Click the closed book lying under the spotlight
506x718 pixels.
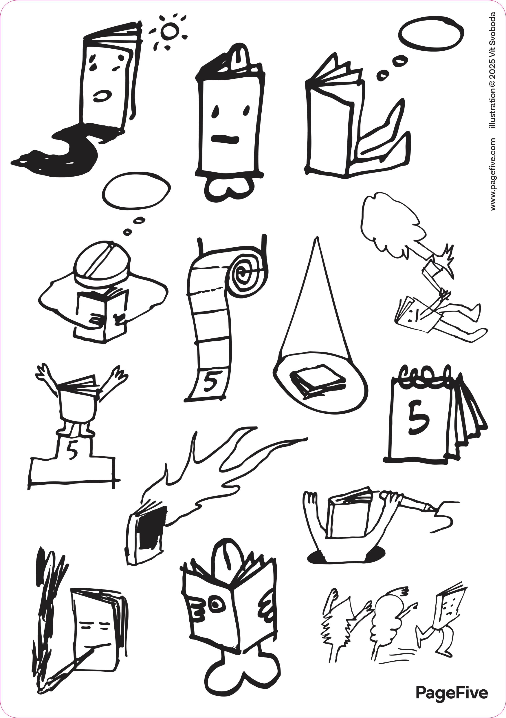(318, 381)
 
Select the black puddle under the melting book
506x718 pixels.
(62, 150)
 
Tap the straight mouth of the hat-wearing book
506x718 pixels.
(225, 139)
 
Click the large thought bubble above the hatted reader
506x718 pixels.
(136, 191)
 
